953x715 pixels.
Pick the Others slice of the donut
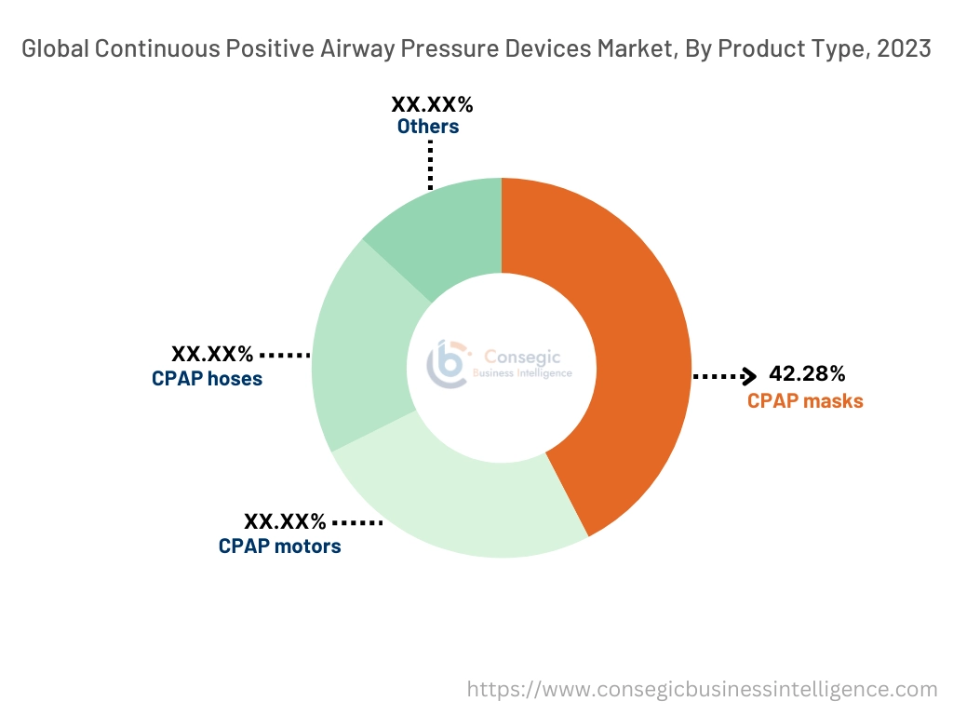(437, 233)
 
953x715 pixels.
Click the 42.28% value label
(807, 374)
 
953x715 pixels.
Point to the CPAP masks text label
(805, 401)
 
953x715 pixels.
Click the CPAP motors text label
(279, 546)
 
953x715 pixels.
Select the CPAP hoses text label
(207, 379)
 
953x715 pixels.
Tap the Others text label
(428, 126)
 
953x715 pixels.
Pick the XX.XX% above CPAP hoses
(212, 354)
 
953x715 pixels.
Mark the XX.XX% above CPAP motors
(285, 521)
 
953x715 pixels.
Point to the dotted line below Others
(431, 165)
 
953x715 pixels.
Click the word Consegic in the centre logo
(529, 356)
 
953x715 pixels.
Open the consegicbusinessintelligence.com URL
(702, 690)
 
